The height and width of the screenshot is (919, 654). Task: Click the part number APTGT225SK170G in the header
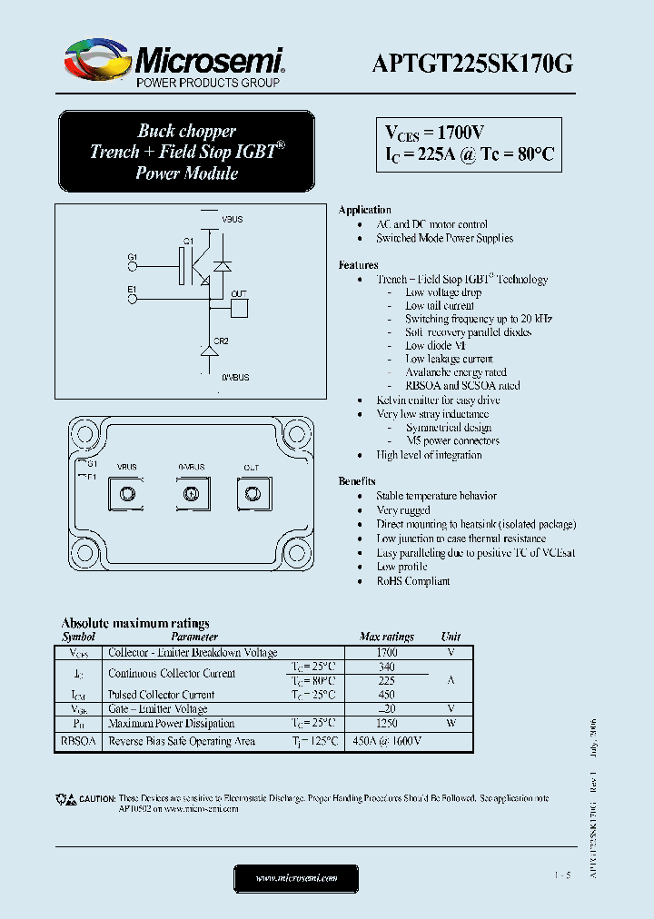472,63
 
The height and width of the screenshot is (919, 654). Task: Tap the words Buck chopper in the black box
186,131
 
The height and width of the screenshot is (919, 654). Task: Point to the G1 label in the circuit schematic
133,257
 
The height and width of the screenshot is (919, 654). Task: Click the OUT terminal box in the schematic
239,308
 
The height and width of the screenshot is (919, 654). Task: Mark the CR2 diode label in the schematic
221,341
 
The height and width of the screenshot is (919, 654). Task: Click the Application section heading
364,210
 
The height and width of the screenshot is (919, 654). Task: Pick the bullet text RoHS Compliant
413,580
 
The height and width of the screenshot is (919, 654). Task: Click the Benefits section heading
357,481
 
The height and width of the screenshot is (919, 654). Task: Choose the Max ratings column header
387,637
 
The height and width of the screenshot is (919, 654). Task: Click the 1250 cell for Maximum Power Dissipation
387,724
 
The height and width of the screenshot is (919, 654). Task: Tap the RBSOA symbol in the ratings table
79,741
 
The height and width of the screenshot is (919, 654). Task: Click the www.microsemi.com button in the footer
296,878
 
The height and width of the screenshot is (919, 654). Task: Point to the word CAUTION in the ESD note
96,798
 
